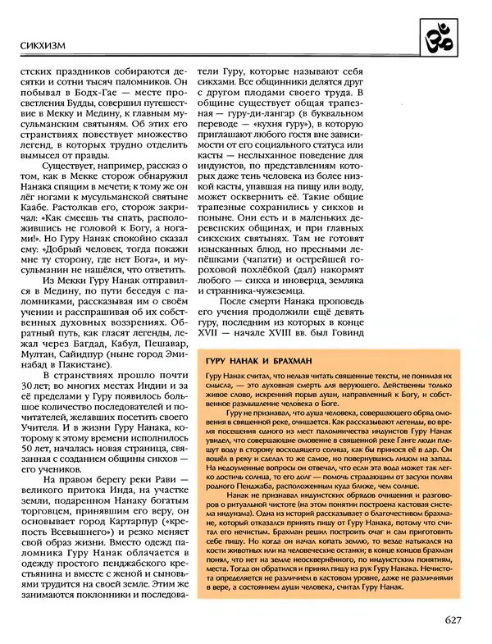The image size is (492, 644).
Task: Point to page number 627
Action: [458, 621]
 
